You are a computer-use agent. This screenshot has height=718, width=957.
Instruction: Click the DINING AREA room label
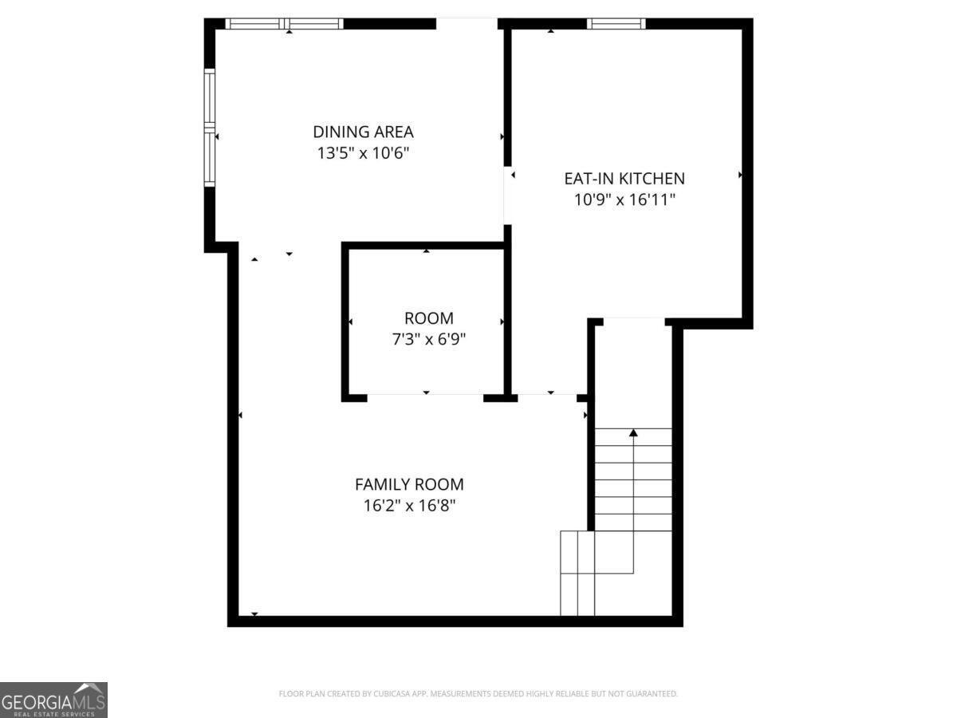[363, 132]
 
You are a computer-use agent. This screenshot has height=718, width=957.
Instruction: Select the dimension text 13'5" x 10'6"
[363, 153]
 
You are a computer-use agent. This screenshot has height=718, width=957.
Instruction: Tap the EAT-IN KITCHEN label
[624, 179]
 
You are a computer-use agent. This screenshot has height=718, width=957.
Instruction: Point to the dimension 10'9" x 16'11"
[624, 199]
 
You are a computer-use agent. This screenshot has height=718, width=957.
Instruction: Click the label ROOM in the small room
[428, 318]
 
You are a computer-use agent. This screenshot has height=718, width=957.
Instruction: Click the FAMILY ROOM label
[409, 484]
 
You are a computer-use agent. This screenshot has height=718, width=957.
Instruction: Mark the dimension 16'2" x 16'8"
[409, 505]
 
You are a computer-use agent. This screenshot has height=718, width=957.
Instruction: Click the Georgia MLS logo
[53, 700]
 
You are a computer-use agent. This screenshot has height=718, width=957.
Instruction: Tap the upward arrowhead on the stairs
[633, 433]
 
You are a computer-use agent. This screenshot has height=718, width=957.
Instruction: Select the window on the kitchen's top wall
[616, 24]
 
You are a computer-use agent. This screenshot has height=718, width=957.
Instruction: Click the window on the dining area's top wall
[285, 24]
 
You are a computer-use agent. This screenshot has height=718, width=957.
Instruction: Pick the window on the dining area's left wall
[210, 128]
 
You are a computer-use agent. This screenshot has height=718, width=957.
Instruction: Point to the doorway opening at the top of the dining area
[467, 24]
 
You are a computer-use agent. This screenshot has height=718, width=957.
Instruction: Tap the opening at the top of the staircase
[633, 322]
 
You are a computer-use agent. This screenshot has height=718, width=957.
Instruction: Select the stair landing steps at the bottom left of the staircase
[577, 573]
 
